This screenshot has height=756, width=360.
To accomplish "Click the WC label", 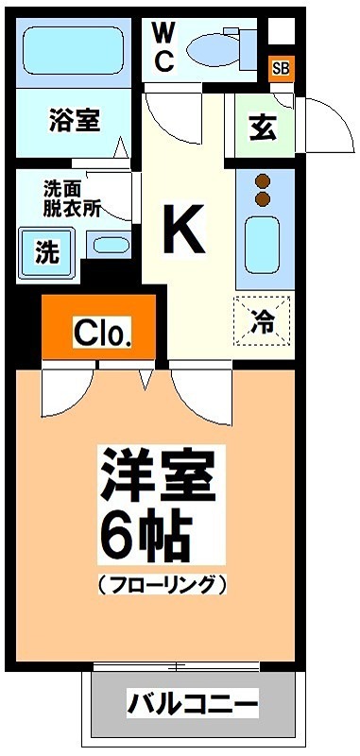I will point(163,47).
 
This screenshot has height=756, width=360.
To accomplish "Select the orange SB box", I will point(281,67).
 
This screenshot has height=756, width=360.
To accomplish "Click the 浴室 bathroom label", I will point(75,122).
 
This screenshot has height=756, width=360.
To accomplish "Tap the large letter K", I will point(184,230).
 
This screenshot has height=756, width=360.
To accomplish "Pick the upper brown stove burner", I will point(264,180).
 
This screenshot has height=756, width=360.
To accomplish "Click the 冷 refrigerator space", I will point(264,320).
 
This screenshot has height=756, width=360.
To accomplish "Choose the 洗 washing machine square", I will point(46,251).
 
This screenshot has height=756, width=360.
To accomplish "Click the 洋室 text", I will point(159,478).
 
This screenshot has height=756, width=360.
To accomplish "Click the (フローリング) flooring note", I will point(162,584).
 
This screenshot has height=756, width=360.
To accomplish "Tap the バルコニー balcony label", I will point(194,704).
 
